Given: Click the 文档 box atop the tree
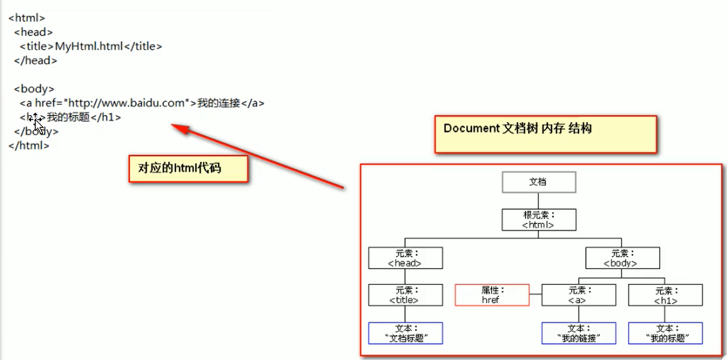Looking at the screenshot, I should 538,182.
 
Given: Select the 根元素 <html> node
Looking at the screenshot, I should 538,219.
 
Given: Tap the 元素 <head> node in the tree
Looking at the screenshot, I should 405,258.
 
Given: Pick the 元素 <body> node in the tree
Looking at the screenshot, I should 622,258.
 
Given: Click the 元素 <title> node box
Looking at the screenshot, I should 405,295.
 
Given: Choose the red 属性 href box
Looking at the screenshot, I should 492,295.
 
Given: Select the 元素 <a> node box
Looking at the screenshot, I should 579,295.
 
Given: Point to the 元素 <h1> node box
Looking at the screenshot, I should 665,295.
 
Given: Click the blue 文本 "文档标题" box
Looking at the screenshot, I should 405,333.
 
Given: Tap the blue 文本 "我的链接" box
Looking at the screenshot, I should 579,333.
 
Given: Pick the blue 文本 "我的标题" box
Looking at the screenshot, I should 665,333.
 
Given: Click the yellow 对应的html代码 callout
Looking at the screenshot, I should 188,168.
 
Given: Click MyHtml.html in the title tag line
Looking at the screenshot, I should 89,46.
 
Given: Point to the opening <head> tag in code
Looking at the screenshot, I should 34,32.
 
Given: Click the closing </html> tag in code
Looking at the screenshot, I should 29,145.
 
